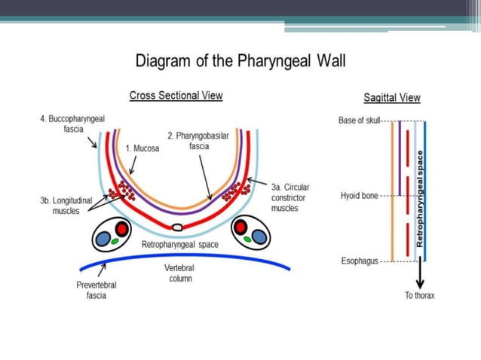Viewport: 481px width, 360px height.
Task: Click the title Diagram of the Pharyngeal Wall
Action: [x=240, y=61]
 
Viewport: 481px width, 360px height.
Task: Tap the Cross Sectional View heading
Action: [x=176, y=96]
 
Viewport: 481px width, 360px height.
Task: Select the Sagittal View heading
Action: [x=392, y=98]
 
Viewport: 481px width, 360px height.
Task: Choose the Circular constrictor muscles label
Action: [x=290, y=197]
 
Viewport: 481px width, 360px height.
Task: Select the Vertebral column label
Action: [x=179, y=273]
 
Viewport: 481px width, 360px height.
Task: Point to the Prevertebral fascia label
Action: [x=96, y=290]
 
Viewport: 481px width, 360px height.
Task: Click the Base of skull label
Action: [x=360, y=121]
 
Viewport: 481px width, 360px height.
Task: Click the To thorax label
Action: [x=419, y=295]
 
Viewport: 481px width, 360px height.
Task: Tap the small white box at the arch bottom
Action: [x=178, y=227]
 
